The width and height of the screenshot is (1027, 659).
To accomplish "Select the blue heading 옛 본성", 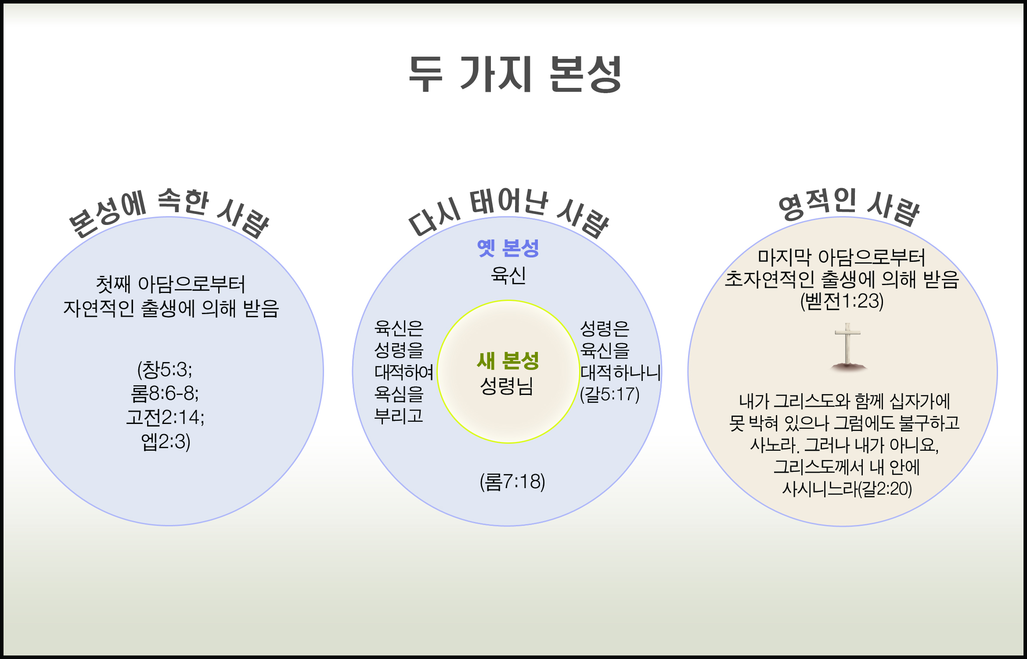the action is click(x=508, y=248).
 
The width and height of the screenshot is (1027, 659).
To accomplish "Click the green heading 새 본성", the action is click(x=508, y=361).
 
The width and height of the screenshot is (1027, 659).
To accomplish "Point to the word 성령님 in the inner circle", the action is click(x=507, y=386).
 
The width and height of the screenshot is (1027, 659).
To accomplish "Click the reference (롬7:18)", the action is click(x=512, y=482).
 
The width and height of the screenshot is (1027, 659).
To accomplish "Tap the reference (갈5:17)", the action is click(x=609, y=395).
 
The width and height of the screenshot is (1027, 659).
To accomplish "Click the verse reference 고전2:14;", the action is click(x=165, y=417).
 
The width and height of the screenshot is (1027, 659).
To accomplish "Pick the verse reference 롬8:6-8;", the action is click(x=165, y=394).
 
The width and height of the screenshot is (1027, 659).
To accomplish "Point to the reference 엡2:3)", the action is click(x=166, y=442).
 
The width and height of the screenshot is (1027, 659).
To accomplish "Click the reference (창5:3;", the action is click(x=165, y=370).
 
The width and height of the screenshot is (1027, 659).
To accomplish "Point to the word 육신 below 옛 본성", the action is click(x=508, y=275).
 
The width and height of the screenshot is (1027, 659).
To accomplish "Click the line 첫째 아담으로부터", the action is click(x=170, y=284).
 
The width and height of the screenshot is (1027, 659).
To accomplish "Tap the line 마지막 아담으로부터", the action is click(x=842, y=257).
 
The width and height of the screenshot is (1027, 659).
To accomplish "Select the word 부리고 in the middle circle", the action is click(x=398, y=416).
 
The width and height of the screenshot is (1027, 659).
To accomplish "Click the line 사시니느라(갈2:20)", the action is click(x=847, y=489).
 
